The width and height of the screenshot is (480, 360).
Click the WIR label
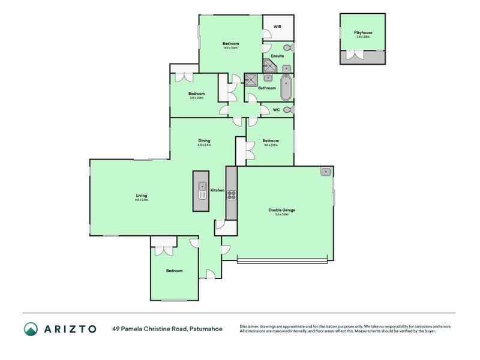coord(277,27)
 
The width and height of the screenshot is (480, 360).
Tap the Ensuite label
coord(277,56)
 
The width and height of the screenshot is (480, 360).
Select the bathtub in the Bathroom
coord(286,88)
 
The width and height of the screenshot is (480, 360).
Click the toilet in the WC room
coord(288,110)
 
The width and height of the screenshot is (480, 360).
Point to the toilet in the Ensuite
coord(287,47)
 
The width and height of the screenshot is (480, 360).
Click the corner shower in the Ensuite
coord(269,65)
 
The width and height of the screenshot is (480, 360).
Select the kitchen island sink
coord(202,191)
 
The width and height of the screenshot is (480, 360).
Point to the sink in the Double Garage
coord(326,172)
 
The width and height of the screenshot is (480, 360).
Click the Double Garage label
coord(282,210)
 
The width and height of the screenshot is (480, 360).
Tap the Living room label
coord(142,196)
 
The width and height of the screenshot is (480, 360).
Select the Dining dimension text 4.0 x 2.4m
coord(205,145)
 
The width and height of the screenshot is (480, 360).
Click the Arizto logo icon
coord(31,329)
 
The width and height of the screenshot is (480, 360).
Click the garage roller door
coord(282,260)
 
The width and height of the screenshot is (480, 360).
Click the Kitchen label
coord(217,190)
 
